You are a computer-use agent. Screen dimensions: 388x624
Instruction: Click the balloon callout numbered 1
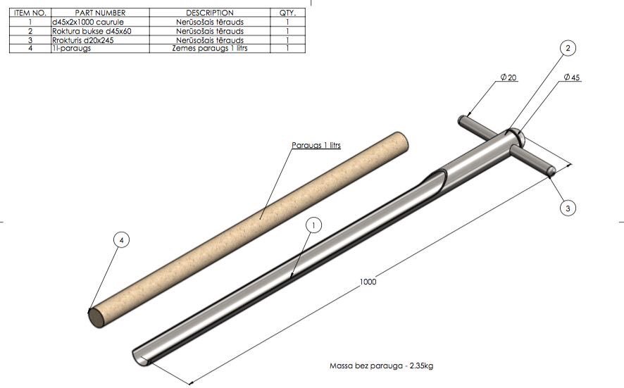click(x=314, y=225)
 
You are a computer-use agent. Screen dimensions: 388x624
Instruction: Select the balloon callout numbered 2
click(x=568, y=48)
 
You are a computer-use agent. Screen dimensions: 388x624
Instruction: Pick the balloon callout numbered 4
click(x=122, y=241)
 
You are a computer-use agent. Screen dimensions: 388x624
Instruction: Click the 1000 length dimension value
click(x=368, y=282)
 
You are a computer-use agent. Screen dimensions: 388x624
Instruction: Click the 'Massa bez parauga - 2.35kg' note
click(x=380, y=366)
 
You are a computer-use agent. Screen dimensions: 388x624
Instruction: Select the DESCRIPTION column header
click(x=210, y=13)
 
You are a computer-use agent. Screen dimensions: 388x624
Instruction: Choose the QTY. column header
click(x=288, y=13)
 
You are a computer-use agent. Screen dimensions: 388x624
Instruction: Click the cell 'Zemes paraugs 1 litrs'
click(x=210, y=49)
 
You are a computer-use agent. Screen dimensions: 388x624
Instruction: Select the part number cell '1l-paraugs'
click(x=69, y=49)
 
